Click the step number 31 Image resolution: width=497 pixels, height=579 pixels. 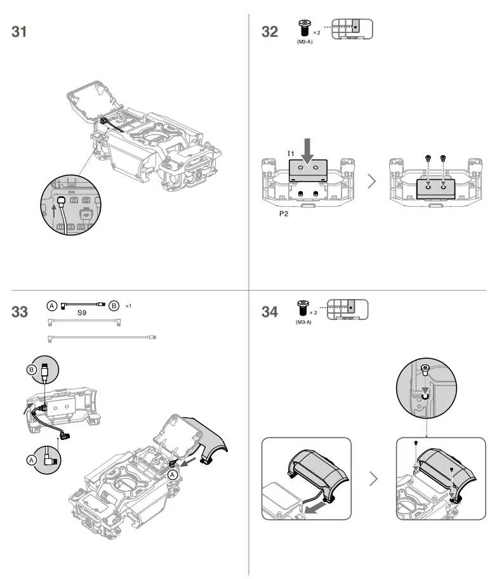click(x=20, y=32)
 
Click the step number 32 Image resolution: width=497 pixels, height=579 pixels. click(x=270, y=32)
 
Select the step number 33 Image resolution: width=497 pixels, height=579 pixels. click(x=20, y=312)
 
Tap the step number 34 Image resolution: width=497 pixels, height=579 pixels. click(x=270, y=312)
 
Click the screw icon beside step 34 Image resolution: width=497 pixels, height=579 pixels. click(x=302, y=309)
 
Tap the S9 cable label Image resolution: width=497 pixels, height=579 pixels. click(x=82, y=314)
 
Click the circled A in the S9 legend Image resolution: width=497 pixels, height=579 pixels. click(x=53, y=305)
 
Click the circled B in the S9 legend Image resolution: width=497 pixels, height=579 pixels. click(x=114, y=305)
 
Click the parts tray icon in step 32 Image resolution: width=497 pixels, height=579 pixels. click(x=352, y=29)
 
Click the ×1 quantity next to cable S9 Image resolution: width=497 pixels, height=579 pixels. click(x=128, y=306)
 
